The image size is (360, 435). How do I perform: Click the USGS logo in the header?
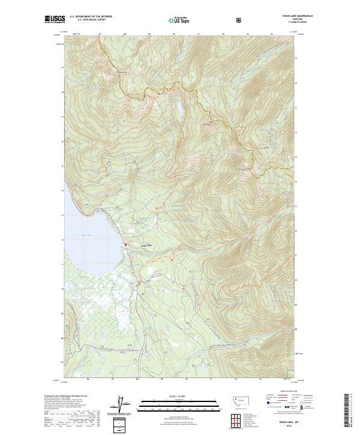click(x=55, y=20)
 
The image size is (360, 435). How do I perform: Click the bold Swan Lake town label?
click(x=147, y=245)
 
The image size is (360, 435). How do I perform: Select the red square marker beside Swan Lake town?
click(x=125, y=245)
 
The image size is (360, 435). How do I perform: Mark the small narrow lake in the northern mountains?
click(x=178, y=107)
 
